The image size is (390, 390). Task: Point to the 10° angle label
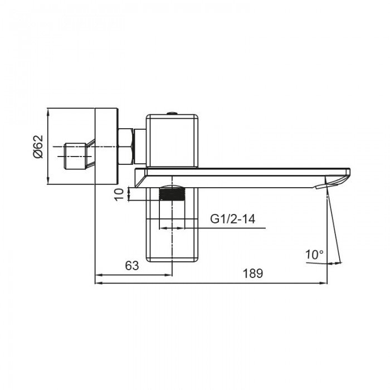[314, 255]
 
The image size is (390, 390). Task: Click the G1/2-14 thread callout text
[232, 219]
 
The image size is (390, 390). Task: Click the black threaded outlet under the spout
[172, 194]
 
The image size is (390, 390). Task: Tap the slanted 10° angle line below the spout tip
[333, 223]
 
